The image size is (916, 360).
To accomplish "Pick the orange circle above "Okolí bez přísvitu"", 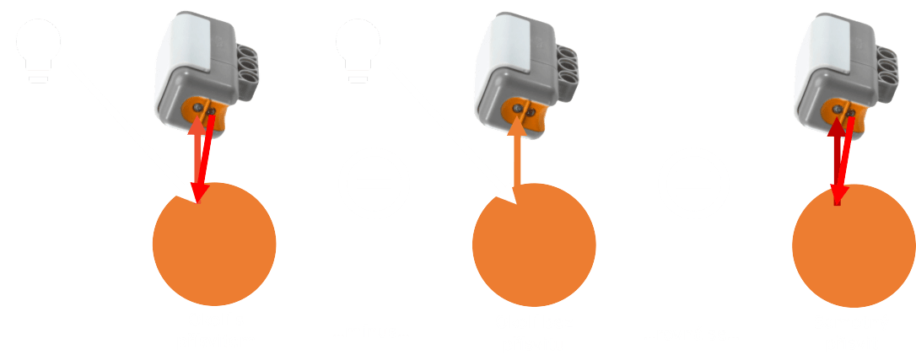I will point(533,244).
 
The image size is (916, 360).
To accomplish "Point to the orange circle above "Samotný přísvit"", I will point(853,244).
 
